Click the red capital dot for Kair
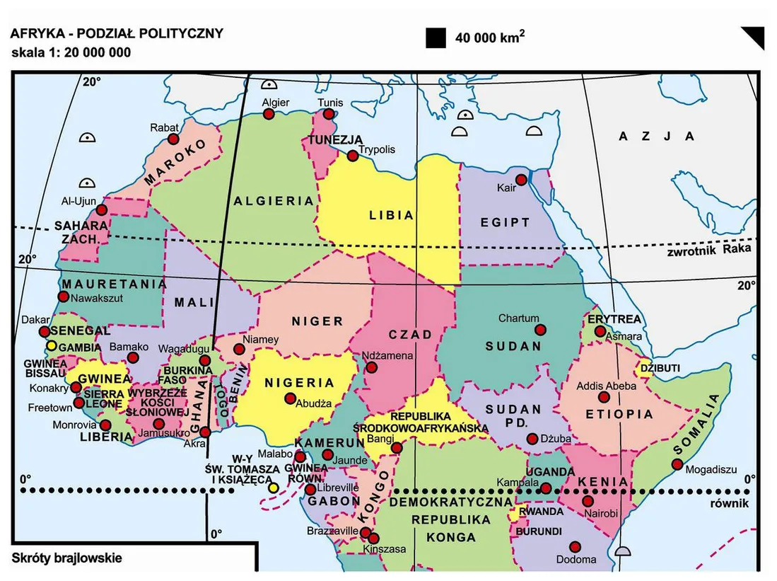pyautogui.click(x=521, y=180)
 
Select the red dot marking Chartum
pyautogui.click(x=541, y=330)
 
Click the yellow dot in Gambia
pyautogui.click(x=52, y=346)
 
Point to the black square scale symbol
pyautogui.click(x=436, y=38)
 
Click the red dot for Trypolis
pyautogui.click(x=351, y=156)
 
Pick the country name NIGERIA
pyautogui.click(x=299, y=383)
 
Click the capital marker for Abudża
pyautogui.click(x=290, y=398)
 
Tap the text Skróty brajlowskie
pyautogui.click(x=66, y=558)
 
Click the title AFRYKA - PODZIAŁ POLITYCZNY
pyautogui.click(x=116, y=33)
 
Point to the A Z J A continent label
pyautogui.click(x=656, y=136)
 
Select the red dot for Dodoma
pyautogui.click(x=575, y=546)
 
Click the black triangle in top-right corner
pyautogui.click(x=754, y=37)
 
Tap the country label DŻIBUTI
pyautogui.click(x=660, y=368)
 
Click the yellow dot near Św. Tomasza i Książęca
pyautogui.click(x=273, y=488)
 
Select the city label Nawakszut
pyautogui.click(x=97, y=298)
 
